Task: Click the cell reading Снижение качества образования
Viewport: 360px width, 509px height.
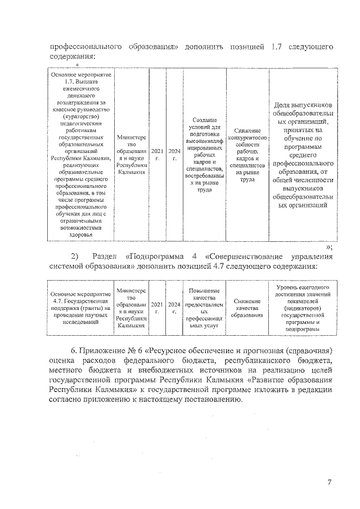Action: pyautogui.click(x=247, y=308)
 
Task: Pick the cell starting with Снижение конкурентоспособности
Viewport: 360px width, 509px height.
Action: pyautogui.click(x=247, y=155)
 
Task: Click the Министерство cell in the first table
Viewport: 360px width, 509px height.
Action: pyautogui.click(x=132, y=155)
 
